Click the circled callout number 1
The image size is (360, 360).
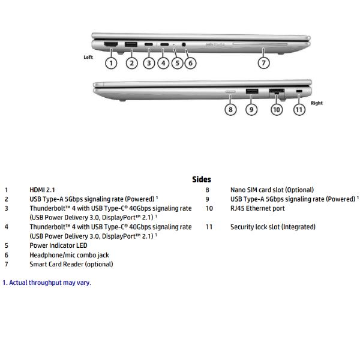[111, 62]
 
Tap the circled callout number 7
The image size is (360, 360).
[263, 62]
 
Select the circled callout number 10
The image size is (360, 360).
[276, 109]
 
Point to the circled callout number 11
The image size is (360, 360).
[299, 109]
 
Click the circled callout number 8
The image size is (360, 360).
[230, 109]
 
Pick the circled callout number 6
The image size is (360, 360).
[190, 62]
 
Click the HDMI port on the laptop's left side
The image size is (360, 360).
[111, 44]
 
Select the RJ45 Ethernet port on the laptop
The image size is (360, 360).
[276, 92]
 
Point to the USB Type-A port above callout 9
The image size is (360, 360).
[251, 91]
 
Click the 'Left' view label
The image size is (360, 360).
[88, 57]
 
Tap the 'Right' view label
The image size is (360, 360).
[317, 103]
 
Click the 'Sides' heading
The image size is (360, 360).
[202, 179]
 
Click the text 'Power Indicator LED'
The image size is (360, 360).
[58, 245]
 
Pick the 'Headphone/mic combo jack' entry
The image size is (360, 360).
[69, 255]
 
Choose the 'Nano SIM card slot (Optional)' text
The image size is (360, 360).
[272, 190]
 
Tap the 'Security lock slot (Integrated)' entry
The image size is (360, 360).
[272, 227]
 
